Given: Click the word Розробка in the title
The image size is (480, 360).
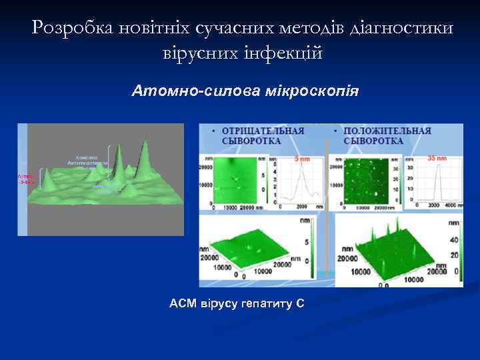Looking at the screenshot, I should tap(71, 27).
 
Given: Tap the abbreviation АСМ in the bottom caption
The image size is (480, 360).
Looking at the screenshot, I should tap(183, 304).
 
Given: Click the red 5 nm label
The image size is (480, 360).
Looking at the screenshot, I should tap(302, 159).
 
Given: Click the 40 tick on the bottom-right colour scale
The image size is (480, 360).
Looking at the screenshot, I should tap(456, 239).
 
